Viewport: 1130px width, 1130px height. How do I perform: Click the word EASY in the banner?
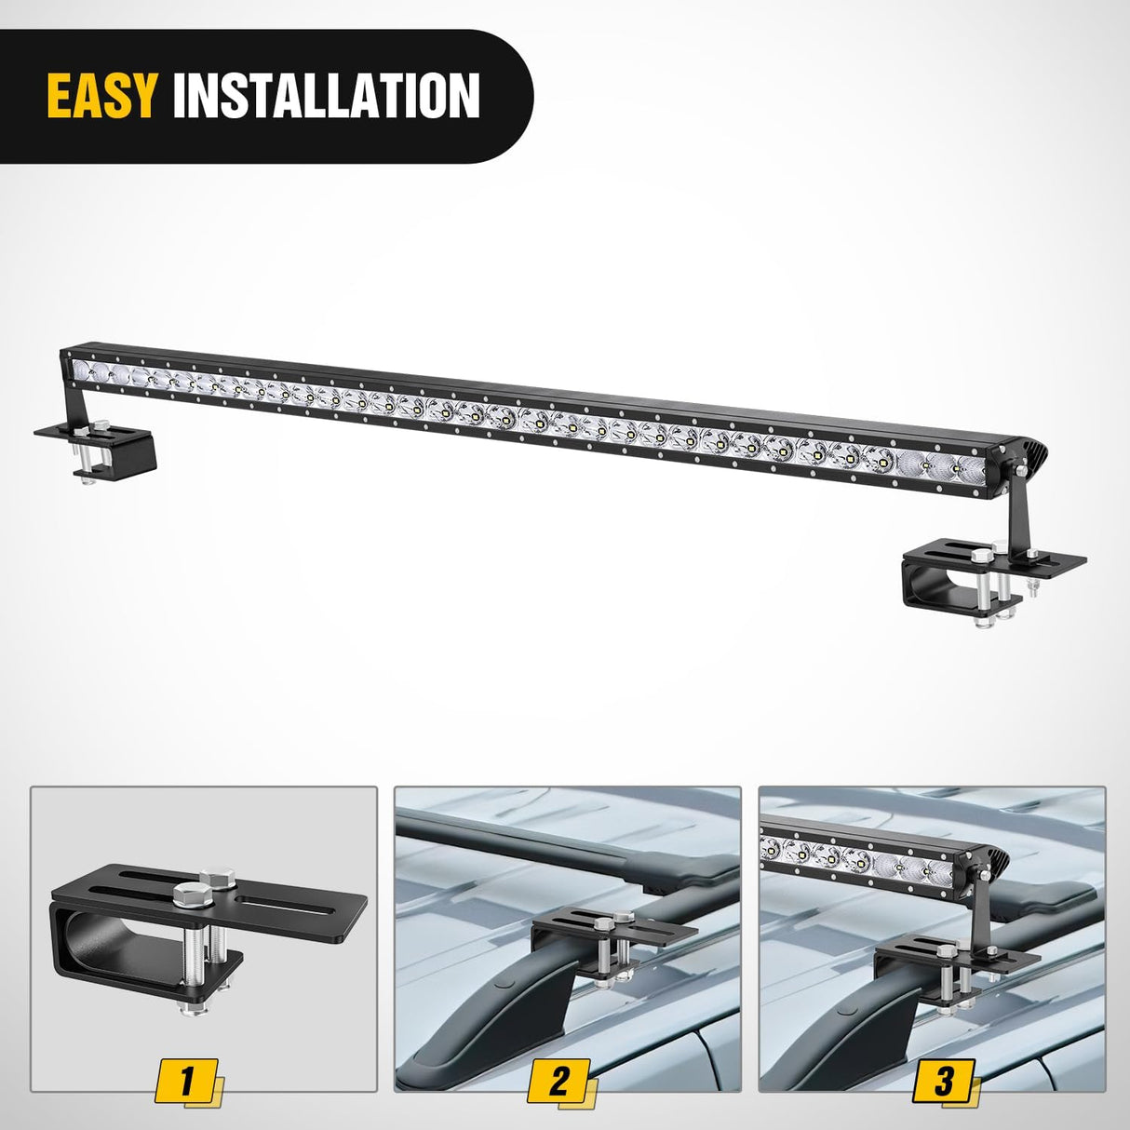tap(101, 95)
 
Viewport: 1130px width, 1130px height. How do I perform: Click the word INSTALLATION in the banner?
tap(326, 95)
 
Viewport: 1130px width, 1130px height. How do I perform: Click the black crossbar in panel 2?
tap(558, 847)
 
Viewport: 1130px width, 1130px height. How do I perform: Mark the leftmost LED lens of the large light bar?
tap(85, 370)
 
